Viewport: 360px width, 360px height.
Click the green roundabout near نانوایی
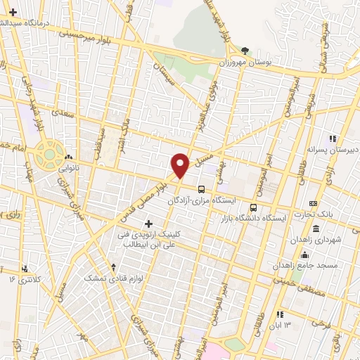(x=50, y=153)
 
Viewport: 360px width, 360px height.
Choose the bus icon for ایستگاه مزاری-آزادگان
(x=202, y=189)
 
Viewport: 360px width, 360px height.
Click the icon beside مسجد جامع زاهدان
(x=304, y=255)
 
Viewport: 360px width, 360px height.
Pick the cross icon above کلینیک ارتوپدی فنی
(x=148, y=224)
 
